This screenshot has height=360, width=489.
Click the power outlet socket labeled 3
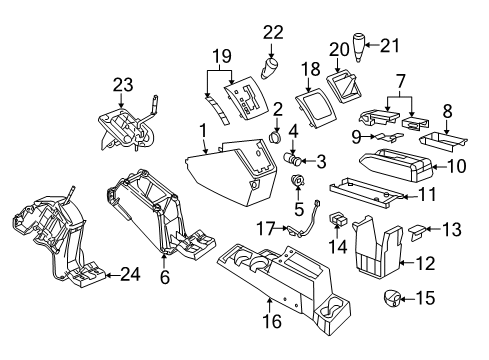(x=298, y=158)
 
